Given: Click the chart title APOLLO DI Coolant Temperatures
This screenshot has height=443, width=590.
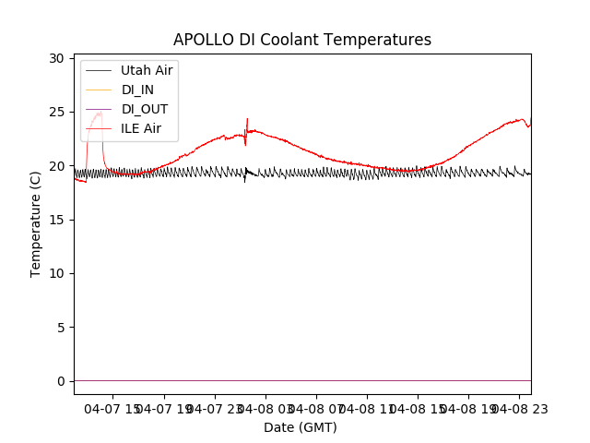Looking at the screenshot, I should [302, 41].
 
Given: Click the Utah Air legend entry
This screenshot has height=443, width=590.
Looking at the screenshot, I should [147, 70].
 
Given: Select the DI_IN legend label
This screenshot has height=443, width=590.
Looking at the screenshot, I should [137, 90].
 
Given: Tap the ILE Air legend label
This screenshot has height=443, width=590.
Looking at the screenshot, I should [141, 128].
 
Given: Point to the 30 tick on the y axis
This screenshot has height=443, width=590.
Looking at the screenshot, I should [56, 58].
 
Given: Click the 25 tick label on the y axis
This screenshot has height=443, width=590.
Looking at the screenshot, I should [56, 112].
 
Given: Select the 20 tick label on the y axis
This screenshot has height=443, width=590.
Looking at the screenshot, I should [56, 166].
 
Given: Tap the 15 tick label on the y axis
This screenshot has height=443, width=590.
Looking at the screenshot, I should [56, 220].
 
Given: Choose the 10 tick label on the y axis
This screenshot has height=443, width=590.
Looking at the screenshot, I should [56, 273].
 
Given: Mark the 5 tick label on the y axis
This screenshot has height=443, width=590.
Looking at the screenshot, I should [60, 328].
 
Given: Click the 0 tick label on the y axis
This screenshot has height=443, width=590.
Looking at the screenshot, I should [60, 381].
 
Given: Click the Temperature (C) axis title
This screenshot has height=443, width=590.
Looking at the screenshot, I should [36, 224].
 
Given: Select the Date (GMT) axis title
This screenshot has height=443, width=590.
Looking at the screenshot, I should [301, 427].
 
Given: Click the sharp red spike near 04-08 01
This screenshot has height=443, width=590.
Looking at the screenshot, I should [247, 120].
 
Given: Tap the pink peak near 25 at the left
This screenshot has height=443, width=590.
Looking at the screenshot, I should [100, 113].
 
